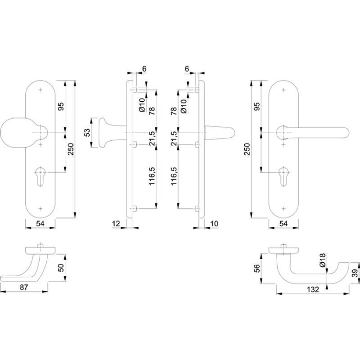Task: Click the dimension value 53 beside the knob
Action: [x=87, y=133]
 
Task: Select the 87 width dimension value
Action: [x=24, y=287]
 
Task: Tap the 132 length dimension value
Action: [x=313, y=289]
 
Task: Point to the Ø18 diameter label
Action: [x=323, y=260]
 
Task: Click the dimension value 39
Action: [x=355, y=273]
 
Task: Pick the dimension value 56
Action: [x=256, y=268]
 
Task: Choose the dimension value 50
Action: [x=61, y=268]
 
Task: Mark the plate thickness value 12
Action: [x=116, y=224]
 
